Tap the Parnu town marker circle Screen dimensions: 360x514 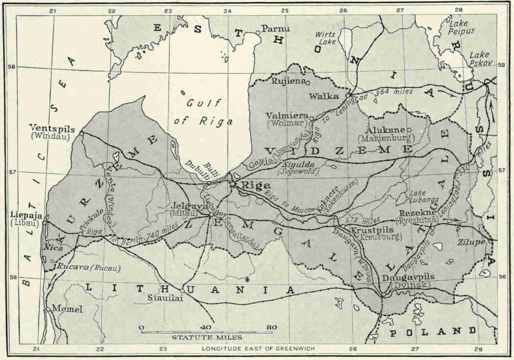[x=258, y=33]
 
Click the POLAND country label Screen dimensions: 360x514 [x=433, y=331]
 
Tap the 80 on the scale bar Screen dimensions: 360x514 [x=271, y=327]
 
